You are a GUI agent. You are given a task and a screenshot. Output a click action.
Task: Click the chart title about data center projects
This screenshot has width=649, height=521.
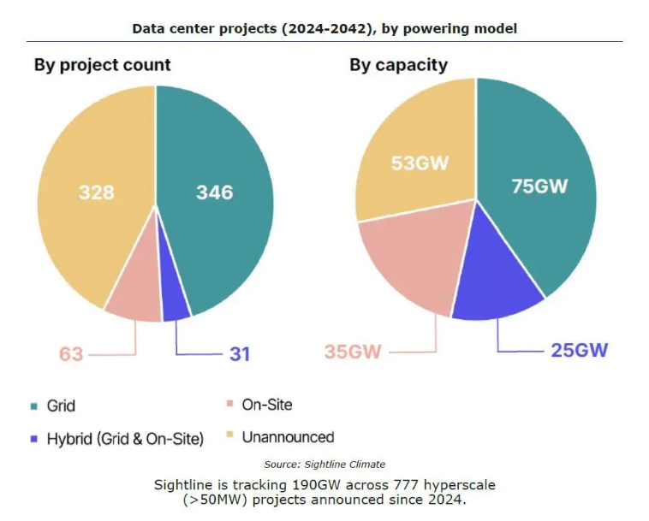pos(324,28)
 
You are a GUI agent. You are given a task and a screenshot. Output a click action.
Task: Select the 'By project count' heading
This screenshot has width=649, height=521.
pos(102,65)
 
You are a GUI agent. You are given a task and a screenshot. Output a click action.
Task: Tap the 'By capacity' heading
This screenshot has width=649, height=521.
pos(398,65)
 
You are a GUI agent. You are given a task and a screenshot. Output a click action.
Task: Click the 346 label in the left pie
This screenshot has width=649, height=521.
pos(214,192)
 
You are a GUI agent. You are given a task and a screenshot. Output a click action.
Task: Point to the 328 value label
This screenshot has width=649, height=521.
pos(96,192)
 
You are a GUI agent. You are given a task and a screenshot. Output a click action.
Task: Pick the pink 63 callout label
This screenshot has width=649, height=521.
pos(71,353)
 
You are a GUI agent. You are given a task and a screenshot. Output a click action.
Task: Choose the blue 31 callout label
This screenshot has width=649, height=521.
pos(239,353)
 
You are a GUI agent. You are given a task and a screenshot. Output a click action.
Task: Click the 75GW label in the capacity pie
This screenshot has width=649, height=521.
pos(539,186)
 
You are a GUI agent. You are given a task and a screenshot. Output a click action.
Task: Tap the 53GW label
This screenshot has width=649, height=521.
pos(420,163)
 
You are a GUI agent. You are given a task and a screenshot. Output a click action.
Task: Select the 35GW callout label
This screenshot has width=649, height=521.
pos(352,352)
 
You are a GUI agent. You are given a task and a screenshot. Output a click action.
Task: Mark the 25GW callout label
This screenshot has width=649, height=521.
pos(579,350)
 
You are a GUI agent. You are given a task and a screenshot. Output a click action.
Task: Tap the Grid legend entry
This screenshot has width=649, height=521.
pos(61,406)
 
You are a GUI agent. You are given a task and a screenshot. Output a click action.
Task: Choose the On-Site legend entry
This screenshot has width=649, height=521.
pos(266,405)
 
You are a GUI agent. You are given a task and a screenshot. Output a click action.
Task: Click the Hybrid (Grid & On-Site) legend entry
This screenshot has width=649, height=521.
pos(125,439)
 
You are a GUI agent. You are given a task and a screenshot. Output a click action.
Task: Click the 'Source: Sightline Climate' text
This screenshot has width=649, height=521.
pos(324,465)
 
